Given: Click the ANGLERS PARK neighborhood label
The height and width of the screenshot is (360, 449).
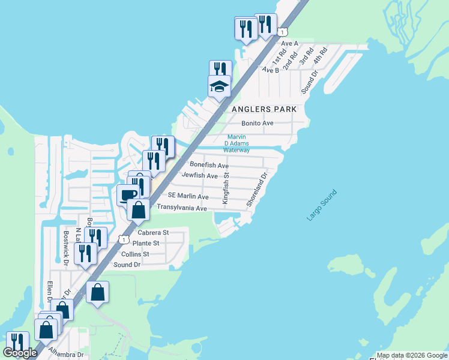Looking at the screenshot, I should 265,109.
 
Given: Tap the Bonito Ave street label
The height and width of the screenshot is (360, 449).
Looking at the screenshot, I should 257,123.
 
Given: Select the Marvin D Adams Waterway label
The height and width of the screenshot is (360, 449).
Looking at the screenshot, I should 237,143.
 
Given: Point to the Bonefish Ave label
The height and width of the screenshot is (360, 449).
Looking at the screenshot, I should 209,164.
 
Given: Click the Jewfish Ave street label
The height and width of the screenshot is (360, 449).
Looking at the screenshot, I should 199,176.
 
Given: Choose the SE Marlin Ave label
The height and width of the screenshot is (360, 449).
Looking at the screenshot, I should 188,196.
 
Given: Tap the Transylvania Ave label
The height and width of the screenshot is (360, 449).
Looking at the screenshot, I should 181,208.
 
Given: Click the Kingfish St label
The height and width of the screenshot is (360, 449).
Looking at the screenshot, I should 227,188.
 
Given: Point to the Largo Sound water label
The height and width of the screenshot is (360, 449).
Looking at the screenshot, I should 322,206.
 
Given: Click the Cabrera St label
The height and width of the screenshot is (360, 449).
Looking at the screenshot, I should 153,232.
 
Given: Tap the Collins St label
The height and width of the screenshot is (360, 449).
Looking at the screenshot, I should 135,254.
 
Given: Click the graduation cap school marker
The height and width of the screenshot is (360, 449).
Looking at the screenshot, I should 219,87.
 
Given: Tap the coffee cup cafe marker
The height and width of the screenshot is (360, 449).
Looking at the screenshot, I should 127,196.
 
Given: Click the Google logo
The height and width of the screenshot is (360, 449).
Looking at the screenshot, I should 20,353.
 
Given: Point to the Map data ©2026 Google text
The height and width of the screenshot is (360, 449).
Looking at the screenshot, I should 412,355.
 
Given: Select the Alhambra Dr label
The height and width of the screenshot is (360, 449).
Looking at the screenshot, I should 67,355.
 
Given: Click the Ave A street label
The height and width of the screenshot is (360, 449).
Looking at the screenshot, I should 289,43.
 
